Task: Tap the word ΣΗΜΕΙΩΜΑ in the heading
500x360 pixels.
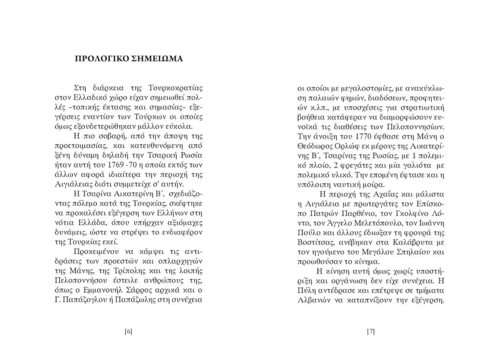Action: (x=157, y=59)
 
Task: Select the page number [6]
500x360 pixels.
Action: (x=128, y=332)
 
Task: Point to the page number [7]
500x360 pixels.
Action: (x=371, y=332)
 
